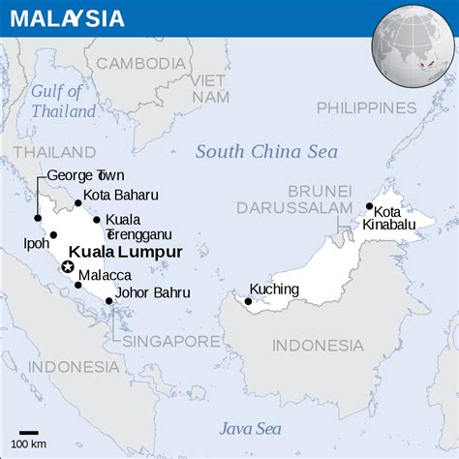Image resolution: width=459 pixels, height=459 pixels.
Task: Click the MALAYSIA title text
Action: [x=68, y=17]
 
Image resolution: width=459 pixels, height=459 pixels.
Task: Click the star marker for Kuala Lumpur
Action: [x=68, y=266]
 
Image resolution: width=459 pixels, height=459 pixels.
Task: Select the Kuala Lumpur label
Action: [x=126, y=252]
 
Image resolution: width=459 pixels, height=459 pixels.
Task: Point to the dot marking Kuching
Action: [x=248, y=301]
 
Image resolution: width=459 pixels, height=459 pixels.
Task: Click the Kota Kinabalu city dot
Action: [x=369, y=206]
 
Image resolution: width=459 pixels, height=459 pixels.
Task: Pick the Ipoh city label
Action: [x=36, y=244]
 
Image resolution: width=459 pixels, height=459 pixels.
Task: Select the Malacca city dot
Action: [x=78, y=285]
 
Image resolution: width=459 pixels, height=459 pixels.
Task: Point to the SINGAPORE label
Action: [x=168, y=342]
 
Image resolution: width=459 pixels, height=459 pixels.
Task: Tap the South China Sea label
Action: [x=266, y=152]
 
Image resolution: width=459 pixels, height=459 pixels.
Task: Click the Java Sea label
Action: [x=249, y=428]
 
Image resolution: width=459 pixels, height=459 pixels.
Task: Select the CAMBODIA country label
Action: [x=140, y=64]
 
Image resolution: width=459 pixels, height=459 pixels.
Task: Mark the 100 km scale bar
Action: [x=29, y=433]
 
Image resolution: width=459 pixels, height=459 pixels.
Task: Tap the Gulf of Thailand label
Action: [x=63, y=102]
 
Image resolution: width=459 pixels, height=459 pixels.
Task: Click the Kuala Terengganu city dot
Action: [x=97, y=220]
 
